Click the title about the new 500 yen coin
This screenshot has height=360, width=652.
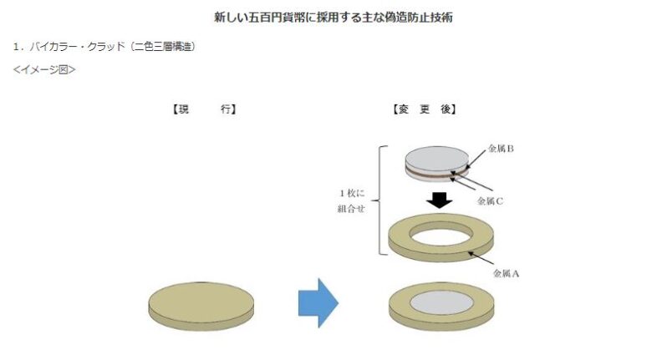[333, 18]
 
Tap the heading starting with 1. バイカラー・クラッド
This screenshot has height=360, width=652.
[104, 47]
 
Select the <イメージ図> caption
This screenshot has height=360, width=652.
[44, 69]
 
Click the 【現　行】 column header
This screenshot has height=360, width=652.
[204, 109]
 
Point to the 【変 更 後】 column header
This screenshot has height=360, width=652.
[424, 109]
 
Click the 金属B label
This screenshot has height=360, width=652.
[501, 149]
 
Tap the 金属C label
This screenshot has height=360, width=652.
[490, 201]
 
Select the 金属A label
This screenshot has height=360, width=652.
[506, 273]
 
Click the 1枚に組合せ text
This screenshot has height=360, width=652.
[351, 200]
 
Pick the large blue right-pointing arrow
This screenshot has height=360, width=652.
[318, 303]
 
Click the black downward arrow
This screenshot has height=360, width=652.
[439, 200]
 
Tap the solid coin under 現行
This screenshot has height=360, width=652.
[201, 307]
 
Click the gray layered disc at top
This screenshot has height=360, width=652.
[436, 164]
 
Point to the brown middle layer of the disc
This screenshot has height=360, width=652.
[436, 174]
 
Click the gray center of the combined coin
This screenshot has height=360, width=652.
[441, 302]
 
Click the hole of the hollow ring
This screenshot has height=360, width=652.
[441, 235]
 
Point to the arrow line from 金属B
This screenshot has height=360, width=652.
[474, 160]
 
